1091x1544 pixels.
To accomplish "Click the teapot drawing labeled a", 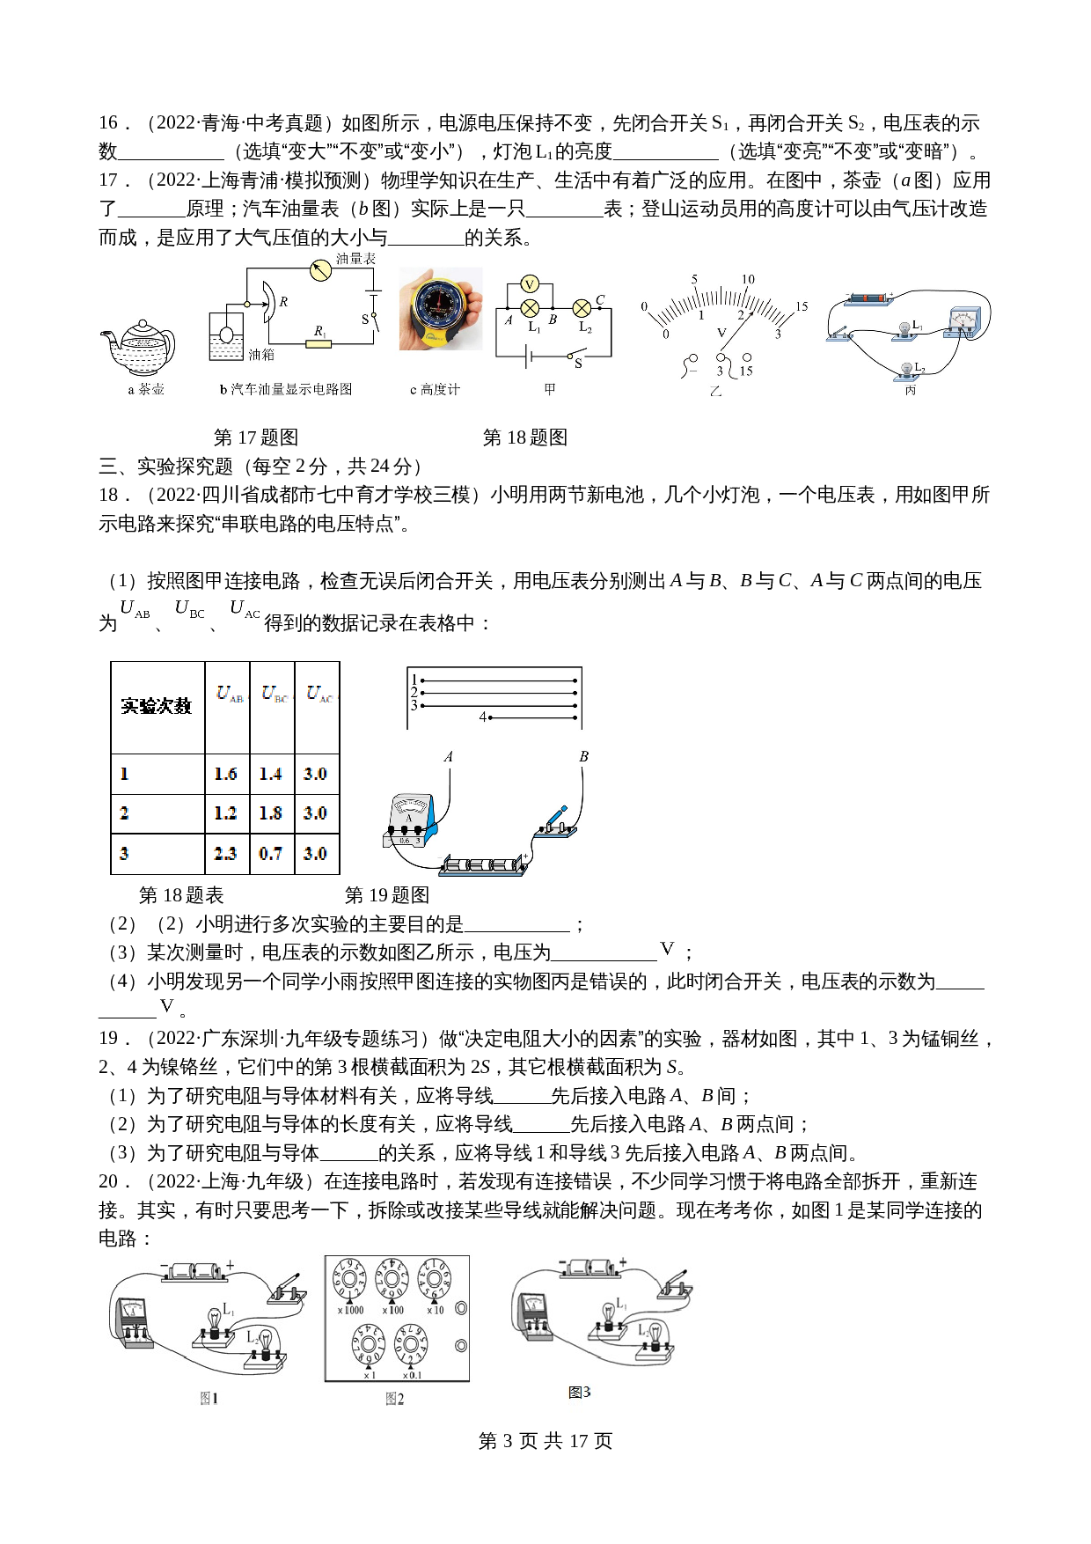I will tap(141, 347).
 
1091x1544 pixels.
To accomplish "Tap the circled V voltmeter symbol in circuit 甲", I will tap(530, 283).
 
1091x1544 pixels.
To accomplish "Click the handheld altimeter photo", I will tap(440, 309).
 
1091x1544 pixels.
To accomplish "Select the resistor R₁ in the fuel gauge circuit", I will tap(319, 343).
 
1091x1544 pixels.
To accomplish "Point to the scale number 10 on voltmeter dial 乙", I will tap(748, 279).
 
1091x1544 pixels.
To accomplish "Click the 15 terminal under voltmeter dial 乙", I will tap(747, 358).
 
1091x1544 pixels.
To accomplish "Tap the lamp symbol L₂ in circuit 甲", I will tap(582, 308).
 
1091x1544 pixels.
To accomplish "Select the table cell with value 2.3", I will tap(226, 853).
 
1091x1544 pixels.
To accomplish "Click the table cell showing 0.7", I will tap(271, 853).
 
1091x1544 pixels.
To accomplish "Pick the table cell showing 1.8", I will tap(271, 813).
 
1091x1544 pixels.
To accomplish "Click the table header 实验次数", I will tap(157, 706).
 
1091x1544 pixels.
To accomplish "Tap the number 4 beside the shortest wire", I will tap(482, 717).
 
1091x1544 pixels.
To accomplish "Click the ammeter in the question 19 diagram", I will tap(410, 819).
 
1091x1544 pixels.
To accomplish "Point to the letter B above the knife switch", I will tap(583, 756).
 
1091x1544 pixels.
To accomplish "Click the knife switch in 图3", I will tap(676, 1284).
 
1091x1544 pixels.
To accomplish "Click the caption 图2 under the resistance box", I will tap(394, 1399).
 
